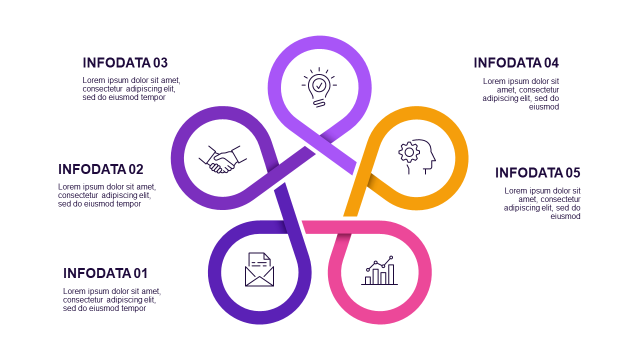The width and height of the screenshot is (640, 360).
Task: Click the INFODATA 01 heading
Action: (105, 273)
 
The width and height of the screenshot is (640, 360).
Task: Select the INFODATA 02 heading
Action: (100, 169)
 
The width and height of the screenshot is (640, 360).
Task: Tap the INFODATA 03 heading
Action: (125, 63)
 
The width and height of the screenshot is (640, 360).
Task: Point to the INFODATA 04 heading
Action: (516, 63)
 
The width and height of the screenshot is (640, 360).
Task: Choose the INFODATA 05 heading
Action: (537, 172)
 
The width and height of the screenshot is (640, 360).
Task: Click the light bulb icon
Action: (319, 87)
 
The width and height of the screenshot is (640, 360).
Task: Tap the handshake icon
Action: (223, 159)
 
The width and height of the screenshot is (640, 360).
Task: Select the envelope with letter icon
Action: (259, 269)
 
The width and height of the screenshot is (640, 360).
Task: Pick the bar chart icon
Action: (379, 270)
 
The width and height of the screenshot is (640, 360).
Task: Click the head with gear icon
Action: (417, 156)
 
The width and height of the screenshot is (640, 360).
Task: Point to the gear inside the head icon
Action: (409, 152)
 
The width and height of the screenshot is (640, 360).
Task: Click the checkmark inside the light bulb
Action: (319, 85)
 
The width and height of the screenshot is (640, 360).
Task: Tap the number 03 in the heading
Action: (160, 63)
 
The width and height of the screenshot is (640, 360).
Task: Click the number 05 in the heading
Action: (573, 172)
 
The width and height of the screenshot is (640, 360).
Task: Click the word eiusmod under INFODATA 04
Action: (544, 107)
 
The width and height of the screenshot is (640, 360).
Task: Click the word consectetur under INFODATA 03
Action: (102, 89)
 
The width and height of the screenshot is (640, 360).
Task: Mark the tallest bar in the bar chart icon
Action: (391, 274)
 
